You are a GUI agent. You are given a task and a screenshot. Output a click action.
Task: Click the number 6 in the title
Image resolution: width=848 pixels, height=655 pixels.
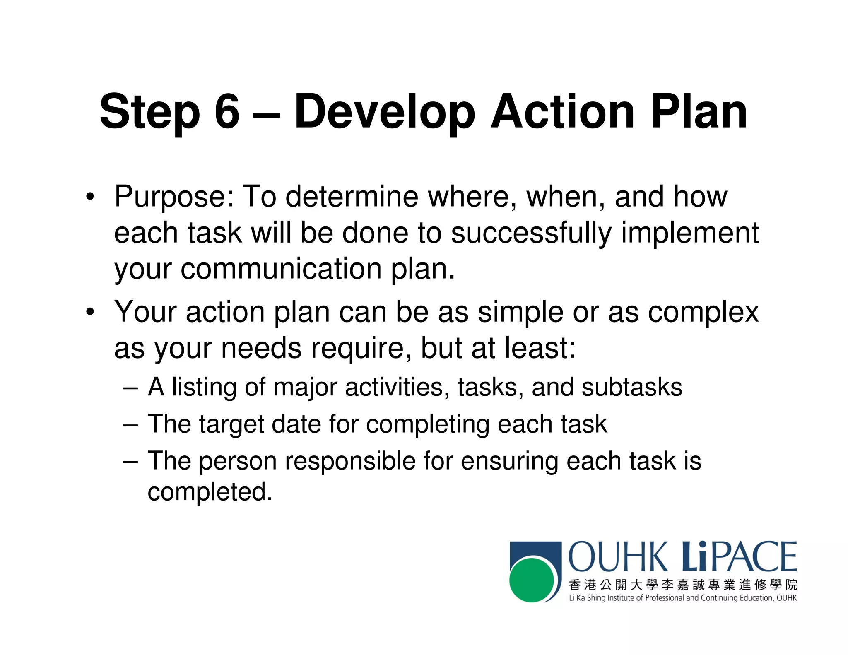(x=227, y=111)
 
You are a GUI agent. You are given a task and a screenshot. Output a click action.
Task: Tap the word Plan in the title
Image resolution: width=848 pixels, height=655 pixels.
(x=699, y=111)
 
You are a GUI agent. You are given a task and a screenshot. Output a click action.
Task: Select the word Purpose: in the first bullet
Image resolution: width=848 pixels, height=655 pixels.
(x=174, y=197)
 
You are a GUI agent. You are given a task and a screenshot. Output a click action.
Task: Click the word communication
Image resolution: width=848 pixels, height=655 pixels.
(x=281, y=269)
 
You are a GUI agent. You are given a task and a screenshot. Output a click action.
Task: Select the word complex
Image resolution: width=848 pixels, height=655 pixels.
(x=703, y=312)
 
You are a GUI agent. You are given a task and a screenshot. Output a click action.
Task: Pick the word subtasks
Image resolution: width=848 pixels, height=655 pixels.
(x=631, y=388)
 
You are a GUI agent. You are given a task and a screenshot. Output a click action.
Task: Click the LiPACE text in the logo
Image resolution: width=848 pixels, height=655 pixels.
(x=740, y=557)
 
